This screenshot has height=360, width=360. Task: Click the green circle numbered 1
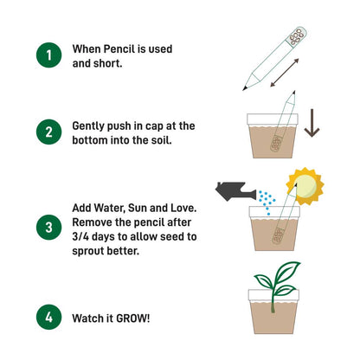(49, 56)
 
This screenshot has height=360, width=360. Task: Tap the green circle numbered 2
(49, 132)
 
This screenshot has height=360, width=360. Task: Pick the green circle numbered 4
(49, 318)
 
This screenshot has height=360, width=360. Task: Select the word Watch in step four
(93, 318)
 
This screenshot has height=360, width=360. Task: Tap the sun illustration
(305, 183)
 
